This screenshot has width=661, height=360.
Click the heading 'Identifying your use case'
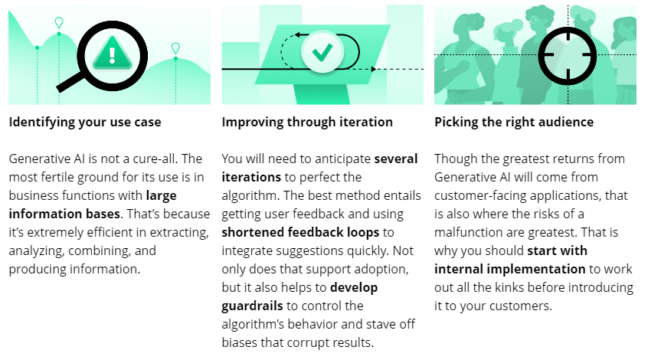85,123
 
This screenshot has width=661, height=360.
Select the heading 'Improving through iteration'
307,123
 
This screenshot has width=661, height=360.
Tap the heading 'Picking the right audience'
514,123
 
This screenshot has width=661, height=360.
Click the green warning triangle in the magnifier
112,54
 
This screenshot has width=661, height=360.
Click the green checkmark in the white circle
322,52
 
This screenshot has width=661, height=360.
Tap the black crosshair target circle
568,56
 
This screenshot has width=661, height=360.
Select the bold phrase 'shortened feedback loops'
300,232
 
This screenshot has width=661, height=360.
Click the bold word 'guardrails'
252,306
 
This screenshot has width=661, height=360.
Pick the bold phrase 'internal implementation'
509,269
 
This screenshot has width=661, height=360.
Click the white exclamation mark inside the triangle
112,55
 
